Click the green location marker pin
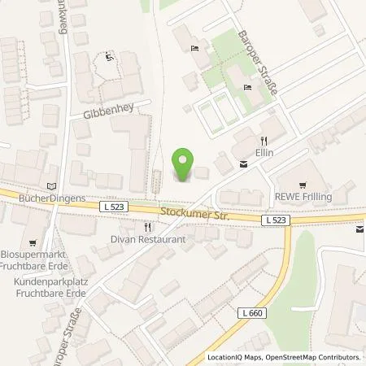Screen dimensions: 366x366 185,165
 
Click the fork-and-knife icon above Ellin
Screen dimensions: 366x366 262,139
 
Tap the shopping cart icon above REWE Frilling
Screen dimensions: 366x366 303,184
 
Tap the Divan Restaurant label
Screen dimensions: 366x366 149,239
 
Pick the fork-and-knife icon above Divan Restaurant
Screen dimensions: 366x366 147,227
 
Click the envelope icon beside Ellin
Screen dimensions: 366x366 243,165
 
